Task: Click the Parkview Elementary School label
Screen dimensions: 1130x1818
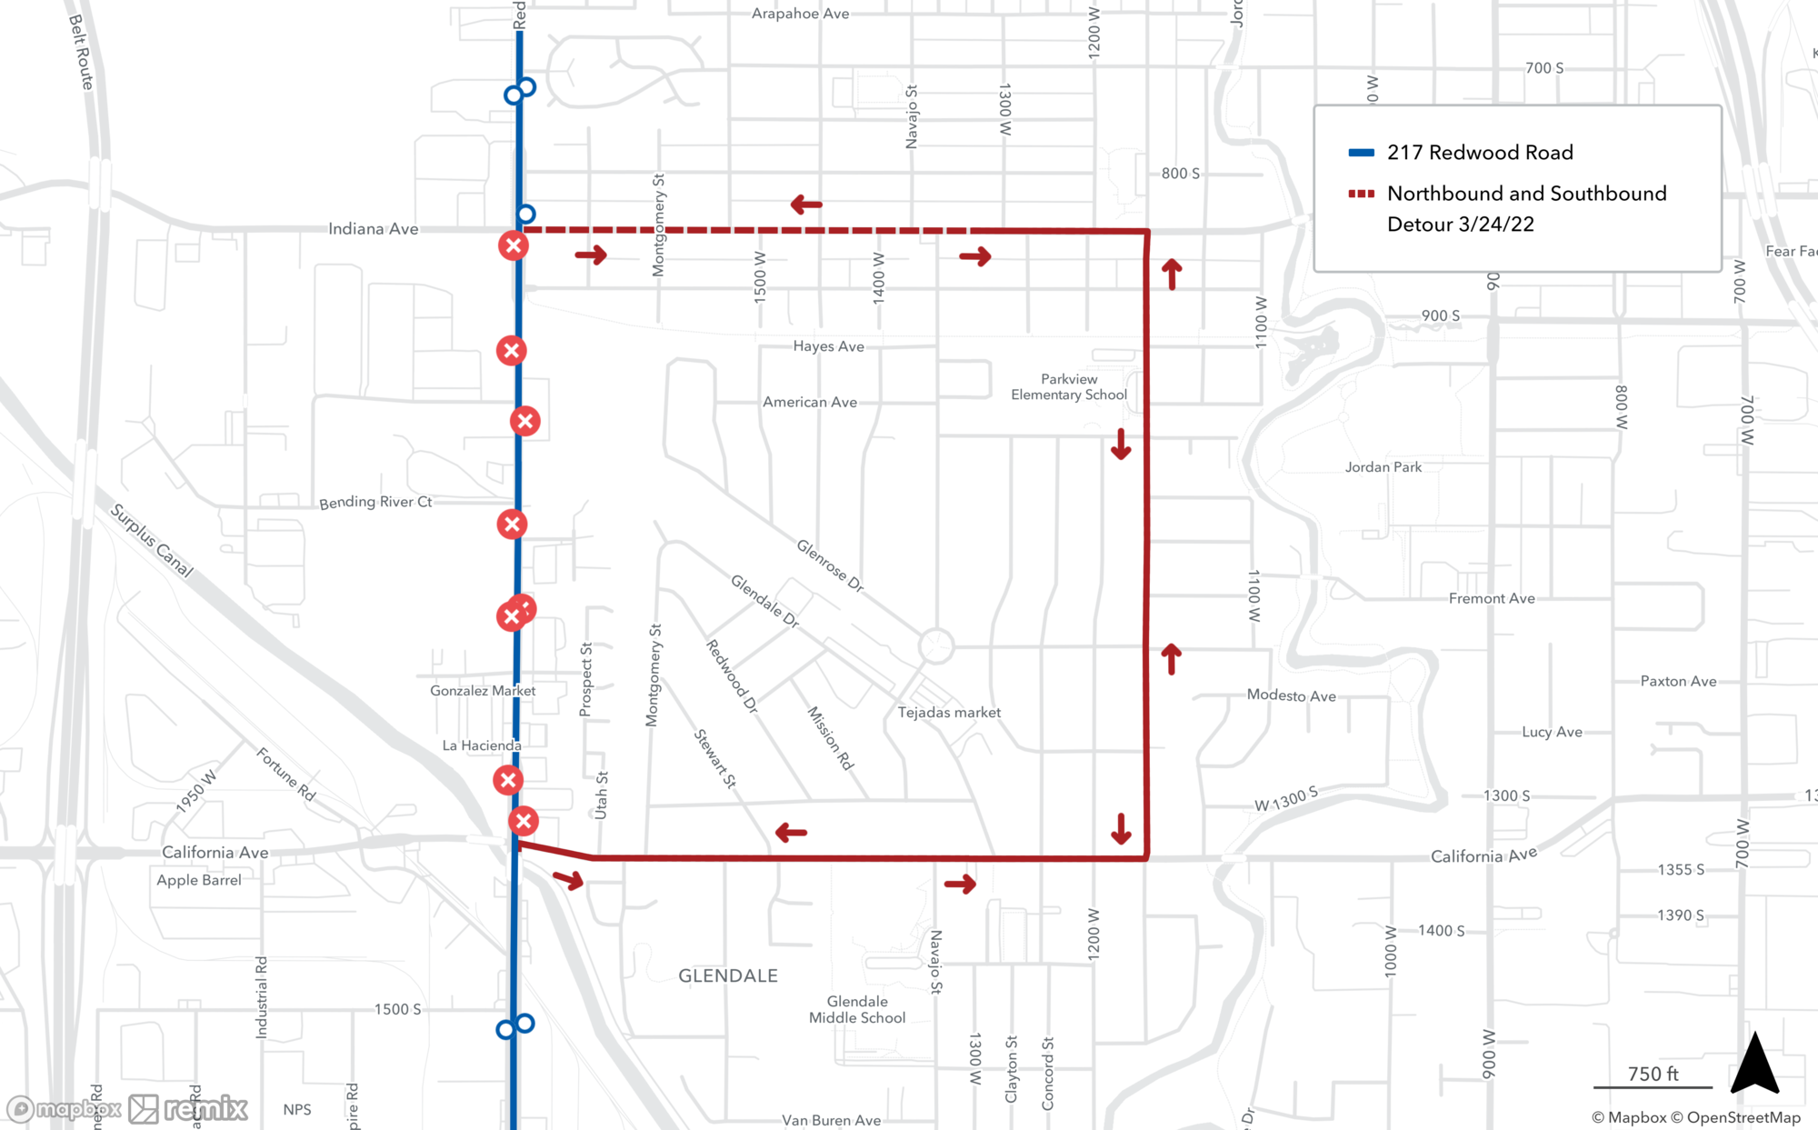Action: [x=1069, y=386]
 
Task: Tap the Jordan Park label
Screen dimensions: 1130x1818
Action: [x=1383, y=467]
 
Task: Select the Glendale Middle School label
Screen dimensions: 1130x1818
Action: [x=857, y=1009]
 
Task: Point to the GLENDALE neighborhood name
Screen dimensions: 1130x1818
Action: [x=727, y=975]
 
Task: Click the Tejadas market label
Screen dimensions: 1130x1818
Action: [x=949, y=713]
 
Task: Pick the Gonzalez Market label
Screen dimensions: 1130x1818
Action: [x=483, y=691]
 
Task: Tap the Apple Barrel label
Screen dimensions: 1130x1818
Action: [x=199, y=880]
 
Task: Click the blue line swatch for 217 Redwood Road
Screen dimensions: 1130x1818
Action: [x=1361, y=153]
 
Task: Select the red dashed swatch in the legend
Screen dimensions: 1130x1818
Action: [x=1361, y=194]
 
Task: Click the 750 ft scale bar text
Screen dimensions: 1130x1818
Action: [x=1653, y=1074]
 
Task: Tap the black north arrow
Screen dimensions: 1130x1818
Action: [x=1754, y=1063]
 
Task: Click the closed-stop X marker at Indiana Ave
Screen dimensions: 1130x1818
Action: [x=514, y=245]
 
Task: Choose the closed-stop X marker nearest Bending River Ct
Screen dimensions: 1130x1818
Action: [x=512, y=524]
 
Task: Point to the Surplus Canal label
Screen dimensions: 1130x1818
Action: [x=152, y=540]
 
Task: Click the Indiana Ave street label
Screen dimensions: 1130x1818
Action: [x=373, y=229]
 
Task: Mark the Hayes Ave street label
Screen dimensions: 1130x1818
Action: [x=828, y=346]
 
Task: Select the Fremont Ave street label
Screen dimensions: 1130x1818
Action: [x=1491, y=598]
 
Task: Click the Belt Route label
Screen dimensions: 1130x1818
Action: [x=82, y=52]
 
